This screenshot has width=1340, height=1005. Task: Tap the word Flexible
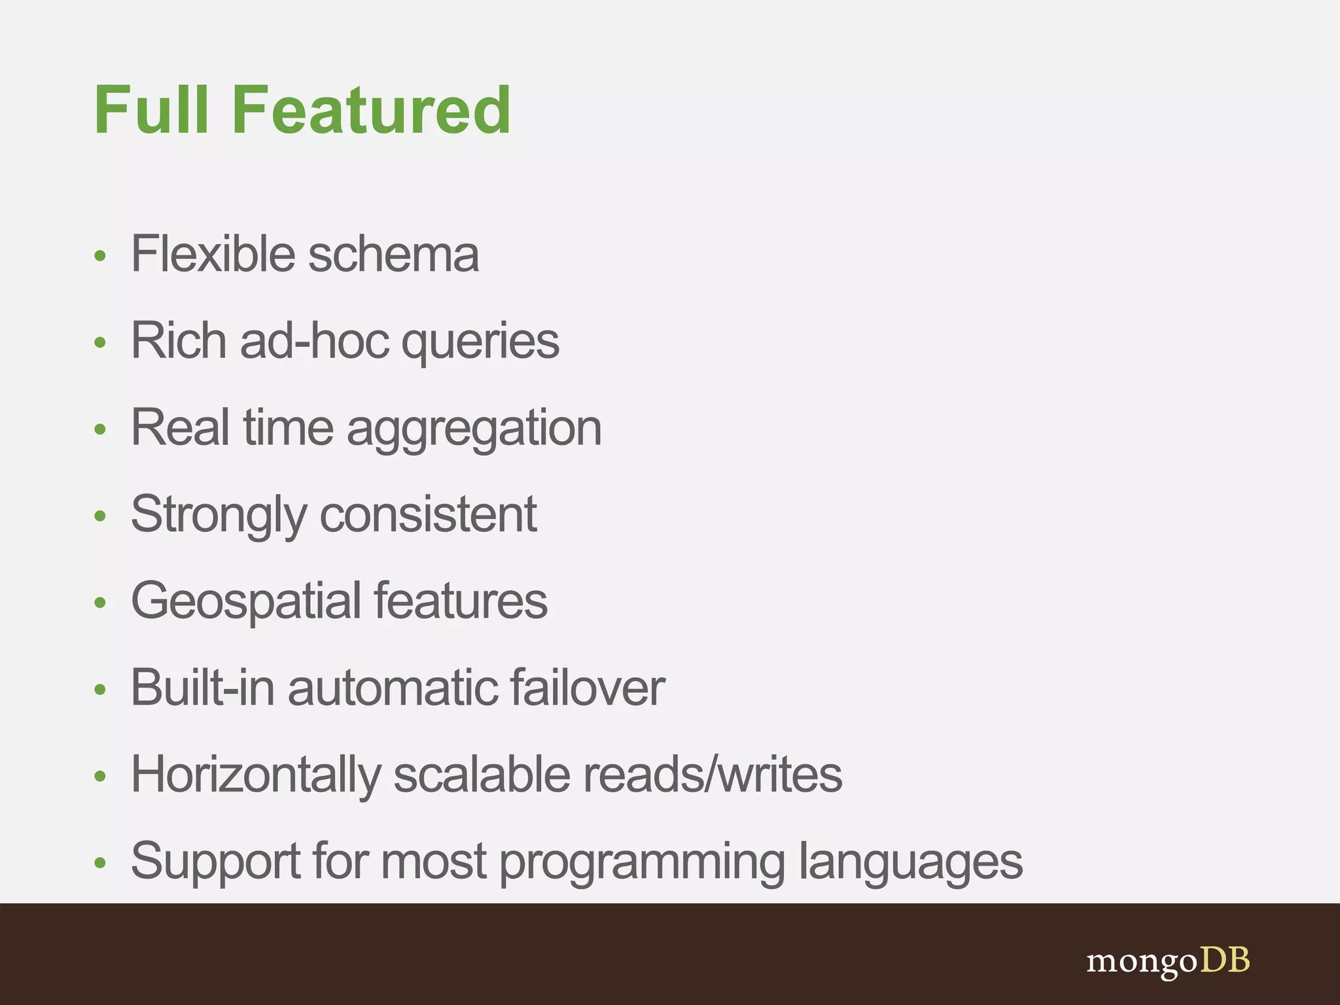pyautogui.click(x=213, y=254)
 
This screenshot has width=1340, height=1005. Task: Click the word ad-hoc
pyautogui.click(x=314, y=341)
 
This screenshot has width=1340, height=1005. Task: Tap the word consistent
pyautogui.click(x=428, y=515)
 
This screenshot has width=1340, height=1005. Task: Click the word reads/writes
pyautogui.click(x=712, y=775)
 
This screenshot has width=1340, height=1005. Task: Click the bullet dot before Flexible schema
pyautogui.click(x=99, y=255)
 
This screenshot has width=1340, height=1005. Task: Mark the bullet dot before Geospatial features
pyautogui.click(x=99, y=603)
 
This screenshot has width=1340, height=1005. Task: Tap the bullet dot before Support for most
pyautogui.click(x=99, y=862)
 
